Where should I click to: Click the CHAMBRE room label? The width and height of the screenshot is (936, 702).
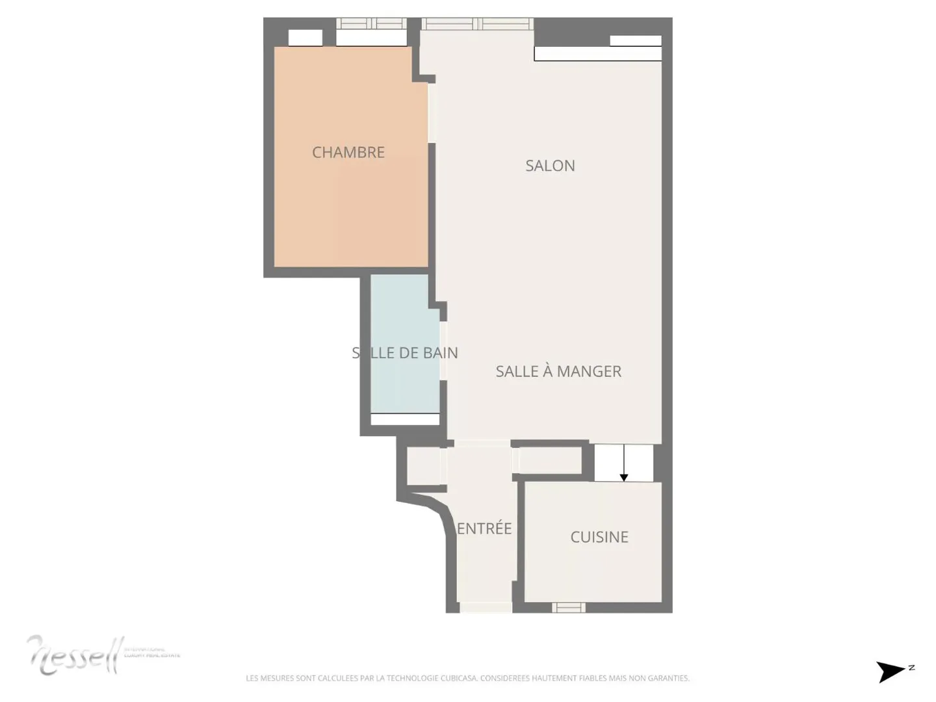click(348, 152)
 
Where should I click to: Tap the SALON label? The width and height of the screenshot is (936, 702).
click(550, 166)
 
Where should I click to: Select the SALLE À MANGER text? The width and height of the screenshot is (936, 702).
click(558, 371)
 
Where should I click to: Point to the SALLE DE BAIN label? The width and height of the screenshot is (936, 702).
click(405, 353)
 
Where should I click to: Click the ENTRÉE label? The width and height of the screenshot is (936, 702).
click(484, 528)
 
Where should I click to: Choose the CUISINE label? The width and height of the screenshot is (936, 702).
click(599, 537)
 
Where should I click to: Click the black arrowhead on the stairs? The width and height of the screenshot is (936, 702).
click(624, 478)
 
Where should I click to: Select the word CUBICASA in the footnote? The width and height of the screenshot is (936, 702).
click(459, 678)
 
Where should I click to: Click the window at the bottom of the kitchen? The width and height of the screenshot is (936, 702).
click(569, 608)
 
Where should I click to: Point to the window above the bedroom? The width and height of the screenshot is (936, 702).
click(371, 23)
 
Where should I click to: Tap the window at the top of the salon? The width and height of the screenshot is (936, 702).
click(477, 24)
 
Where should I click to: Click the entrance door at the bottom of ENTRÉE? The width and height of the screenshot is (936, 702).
click(486, 608)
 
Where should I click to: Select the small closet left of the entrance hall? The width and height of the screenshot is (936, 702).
click(423, 466)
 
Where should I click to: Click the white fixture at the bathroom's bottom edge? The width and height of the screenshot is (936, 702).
click(405, 419)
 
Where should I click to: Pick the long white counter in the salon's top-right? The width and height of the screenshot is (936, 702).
click(597, 54)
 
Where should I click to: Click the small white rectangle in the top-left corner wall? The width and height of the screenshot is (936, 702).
click(305, 38)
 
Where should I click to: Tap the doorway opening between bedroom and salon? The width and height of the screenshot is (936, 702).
click(432, 113)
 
